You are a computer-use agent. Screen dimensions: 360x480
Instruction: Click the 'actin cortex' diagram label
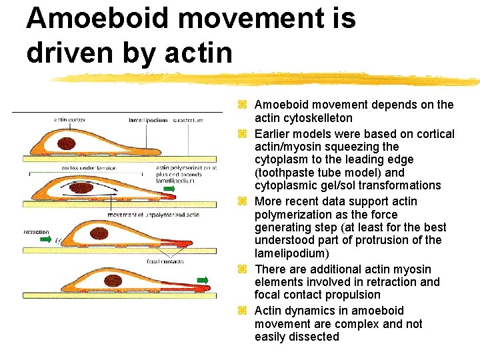click(x=69, y=120)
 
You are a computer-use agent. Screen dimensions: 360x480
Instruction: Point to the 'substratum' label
click(x=188, y=120)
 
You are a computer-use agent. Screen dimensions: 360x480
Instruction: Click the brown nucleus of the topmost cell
click(x=67, y=143)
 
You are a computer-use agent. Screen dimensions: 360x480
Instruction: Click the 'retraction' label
click(x=36, y=232)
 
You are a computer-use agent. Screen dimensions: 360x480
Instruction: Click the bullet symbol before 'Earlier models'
click(x=243, y=134)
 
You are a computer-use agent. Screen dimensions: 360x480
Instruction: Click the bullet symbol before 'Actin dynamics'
click(x=243, y=311)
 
